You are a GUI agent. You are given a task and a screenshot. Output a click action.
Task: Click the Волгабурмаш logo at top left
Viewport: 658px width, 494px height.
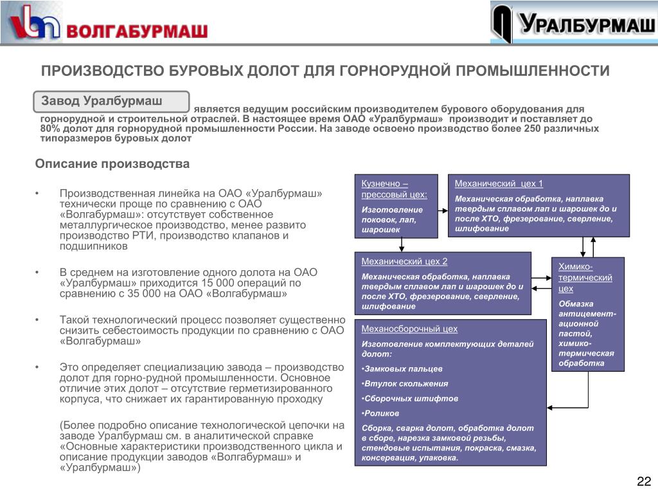pyautogui.click(x=107, y=24)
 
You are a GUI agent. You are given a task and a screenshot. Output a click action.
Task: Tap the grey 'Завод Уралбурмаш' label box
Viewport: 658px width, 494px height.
pyautogui.click(x=111, y=102)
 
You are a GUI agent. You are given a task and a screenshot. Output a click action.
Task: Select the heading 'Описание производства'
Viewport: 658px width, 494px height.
pyautogui.click(x=112, y=164)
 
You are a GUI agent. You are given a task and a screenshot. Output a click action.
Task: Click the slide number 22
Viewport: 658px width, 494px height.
pyautogui.click(x=643, y=482)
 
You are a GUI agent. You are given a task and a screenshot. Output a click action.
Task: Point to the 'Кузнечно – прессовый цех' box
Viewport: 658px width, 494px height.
pyautogui.click(x=396, y=206)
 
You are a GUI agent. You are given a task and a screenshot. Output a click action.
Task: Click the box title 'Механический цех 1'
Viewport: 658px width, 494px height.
pyautogui.click(x=499, y=183)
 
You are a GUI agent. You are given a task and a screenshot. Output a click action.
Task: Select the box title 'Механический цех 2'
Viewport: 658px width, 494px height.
pyautogui.click(x=404, y=261)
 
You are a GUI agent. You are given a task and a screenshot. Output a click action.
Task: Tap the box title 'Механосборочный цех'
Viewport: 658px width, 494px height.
pyautogui.click(x=409, y=329)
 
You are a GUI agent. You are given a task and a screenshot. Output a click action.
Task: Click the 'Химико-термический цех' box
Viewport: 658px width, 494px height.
pyautogui.click(x=588, y=314)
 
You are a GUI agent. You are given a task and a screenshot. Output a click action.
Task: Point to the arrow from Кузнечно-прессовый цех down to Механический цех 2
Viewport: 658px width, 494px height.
pyautogui.click(x=402, y=244)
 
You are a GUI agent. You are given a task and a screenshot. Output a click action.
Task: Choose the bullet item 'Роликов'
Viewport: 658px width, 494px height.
pyautogui.click(x=381, y=414)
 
